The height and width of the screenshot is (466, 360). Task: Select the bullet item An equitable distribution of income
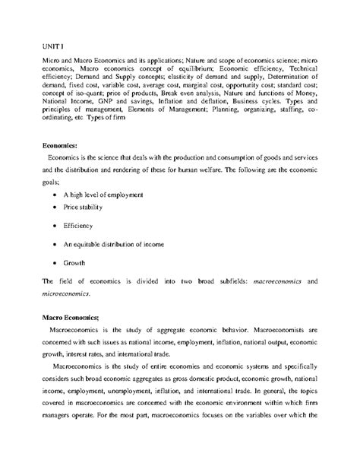coord(115,245)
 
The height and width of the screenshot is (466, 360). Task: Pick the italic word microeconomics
coord(67,293)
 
